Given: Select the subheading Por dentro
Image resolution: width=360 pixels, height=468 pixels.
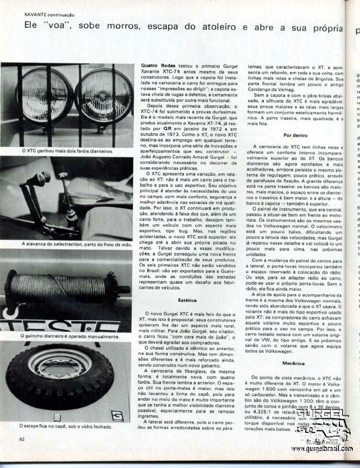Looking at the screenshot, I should [296, 135].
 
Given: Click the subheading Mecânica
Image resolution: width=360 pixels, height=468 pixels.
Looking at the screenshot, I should [294, 363].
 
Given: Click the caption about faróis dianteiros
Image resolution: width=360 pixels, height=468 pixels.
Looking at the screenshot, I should [67, 151].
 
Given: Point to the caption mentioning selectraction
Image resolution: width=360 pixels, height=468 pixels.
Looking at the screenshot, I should [76, 244].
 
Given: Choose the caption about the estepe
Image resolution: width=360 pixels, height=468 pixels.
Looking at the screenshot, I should [66, 426].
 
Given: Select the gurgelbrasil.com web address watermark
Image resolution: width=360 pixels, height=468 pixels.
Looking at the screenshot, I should [321, 449].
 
